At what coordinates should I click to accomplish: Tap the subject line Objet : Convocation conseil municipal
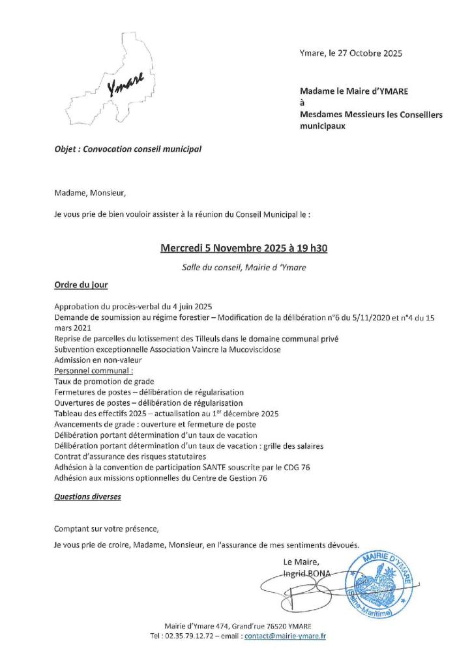click(128, 149)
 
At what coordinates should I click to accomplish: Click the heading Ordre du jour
click(81, 285)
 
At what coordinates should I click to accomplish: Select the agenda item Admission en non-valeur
click(98, 360)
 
